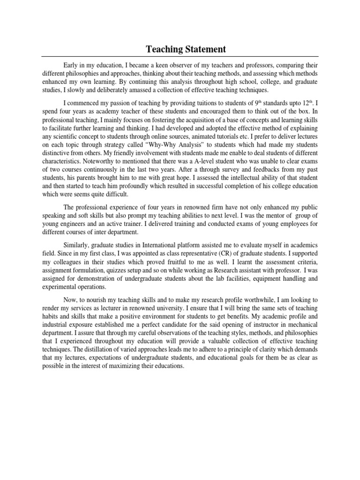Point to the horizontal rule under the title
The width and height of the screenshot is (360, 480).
click(x=180, y=57)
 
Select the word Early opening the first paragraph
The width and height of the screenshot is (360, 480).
click(x=72, y=65)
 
